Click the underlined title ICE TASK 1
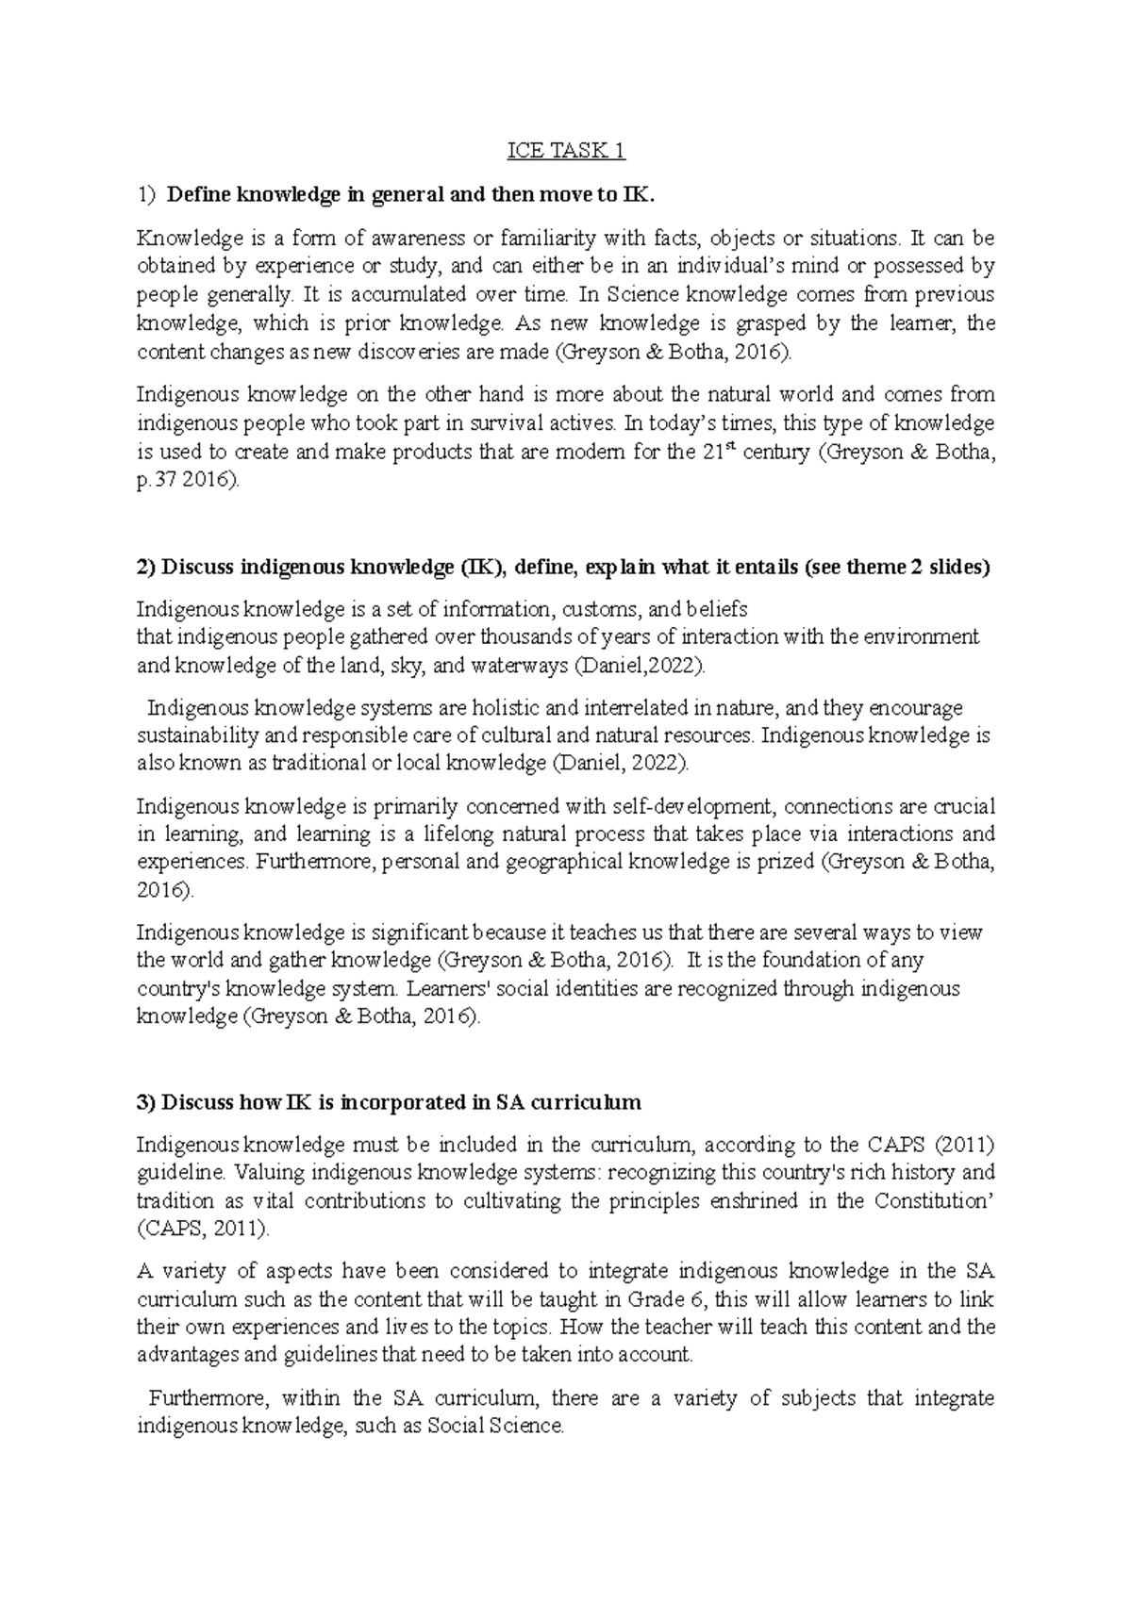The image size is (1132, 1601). pyautogui.click(x=566, y=151)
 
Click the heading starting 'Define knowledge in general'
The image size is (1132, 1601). pyautogui.click(x=408, y=195)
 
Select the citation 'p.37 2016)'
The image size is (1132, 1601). pyautogui.click(x=188, y=480)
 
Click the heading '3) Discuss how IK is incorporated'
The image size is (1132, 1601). pyautogui.click(x=389, y=1102)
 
